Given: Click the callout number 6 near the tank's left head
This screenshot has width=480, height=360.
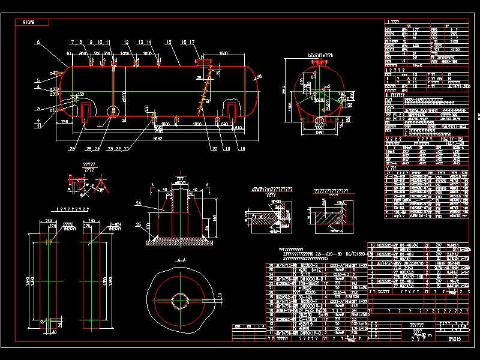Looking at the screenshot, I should pos(37,43).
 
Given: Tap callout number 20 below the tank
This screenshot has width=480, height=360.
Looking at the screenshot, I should pos(214,148).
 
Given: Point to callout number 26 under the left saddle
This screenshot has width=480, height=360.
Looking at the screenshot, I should pos(72,149).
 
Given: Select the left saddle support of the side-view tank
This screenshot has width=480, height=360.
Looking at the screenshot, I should pos(85,110).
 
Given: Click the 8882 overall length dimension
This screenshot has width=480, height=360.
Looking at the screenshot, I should pos(157,137).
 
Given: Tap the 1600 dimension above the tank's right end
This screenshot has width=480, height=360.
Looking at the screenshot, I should pos(223,54).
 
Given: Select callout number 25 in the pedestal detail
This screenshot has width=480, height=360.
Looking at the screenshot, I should pos(139,224).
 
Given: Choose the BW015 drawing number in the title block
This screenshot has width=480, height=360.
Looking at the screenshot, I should pos(454,339).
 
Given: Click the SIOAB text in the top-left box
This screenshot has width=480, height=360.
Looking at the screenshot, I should pos(28,22).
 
